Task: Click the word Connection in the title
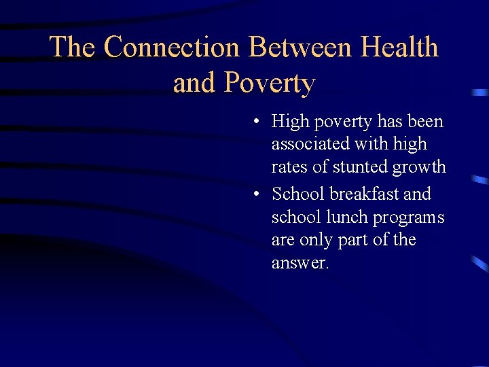(172, 47)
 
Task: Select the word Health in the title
(399, 47)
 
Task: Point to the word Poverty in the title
(270, 83)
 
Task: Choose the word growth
(422, 167)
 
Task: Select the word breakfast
(365, 194)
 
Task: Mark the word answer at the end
(300, 263)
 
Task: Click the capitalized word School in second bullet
(298, 194)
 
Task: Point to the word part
(357, 241)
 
